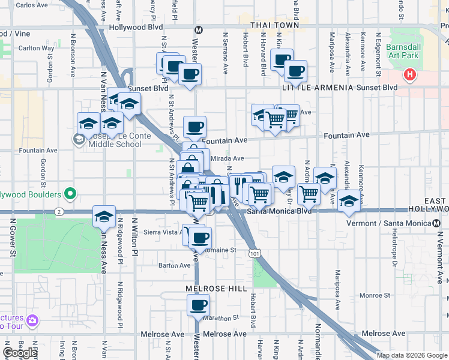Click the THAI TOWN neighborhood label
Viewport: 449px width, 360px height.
point(274,25)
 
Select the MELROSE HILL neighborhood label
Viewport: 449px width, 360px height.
point(216,289)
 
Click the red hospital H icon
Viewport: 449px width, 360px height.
point(409,75)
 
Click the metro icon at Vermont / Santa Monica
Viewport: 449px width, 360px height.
point(436,223)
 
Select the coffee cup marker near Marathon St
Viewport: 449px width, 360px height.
point(197,305)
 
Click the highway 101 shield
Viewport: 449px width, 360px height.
point(255,254)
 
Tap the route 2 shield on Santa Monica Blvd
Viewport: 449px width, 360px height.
point(58,211)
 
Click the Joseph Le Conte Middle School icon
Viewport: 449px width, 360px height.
point(79,140)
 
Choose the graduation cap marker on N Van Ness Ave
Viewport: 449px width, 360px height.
point(104,217)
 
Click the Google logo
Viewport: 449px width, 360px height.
point(20,353)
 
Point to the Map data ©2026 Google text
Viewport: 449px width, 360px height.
point(411,355)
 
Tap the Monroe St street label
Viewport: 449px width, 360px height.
point(375,295)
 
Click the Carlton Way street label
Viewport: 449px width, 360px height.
point(36,48)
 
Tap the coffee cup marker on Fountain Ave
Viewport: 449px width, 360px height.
point(194,127)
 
